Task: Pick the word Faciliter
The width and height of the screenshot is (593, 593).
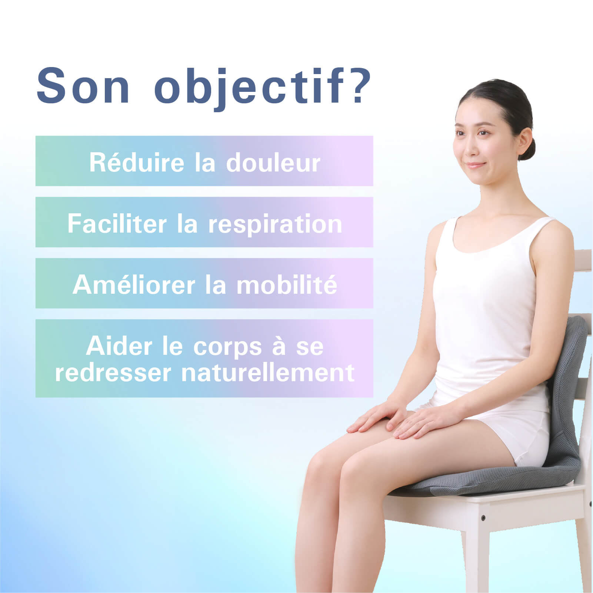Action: point(117,224)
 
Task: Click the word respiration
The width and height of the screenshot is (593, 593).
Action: point(275,224)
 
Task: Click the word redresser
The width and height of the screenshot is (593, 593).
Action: point(113,373)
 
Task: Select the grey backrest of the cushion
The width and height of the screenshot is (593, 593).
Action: point(567,389)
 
